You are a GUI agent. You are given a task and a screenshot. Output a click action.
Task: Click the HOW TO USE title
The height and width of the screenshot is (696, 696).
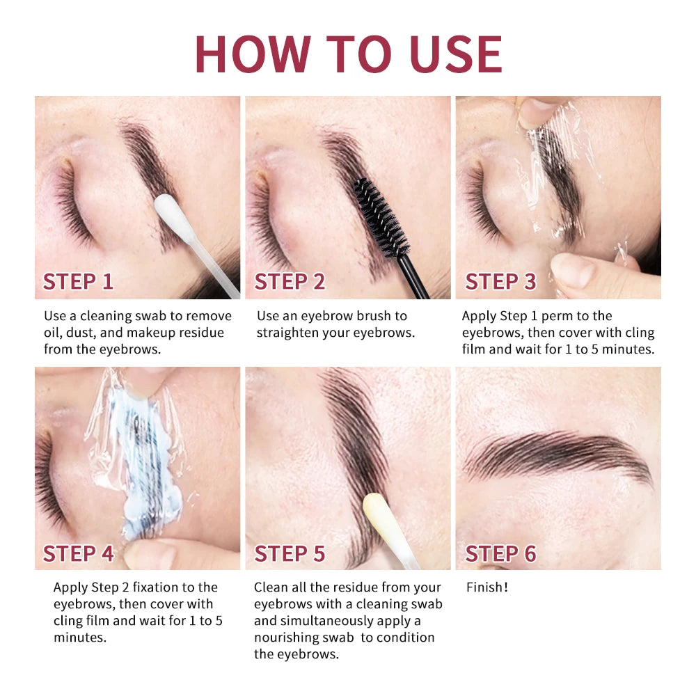coord(348,53)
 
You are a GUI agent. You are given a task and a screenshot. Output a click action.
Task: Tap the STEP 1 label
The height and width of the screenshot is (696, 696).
coord(78,282)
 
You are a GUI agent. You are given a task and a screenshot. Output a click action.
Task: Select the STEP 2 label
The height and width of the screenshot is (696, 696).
coord(290,282)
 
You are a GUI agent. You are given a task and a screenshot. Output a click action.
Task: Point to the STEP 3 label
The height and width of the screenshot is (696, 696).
coord(500,282)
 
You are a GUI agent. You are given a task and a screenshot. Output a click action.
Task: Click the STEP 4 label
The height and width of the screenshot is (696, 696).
coord(78,553)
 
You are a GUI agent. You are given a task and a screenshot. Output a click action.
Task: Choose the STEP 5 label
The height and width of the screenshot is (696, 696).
coord(290,553)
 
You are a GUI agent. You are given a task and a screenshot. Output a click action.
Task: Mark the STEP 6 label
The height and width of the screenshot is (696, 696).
coord(500,553)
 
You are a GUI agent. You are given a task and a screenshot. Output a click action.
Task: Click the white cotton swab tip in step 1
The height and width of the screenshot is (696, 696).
coord(167,209)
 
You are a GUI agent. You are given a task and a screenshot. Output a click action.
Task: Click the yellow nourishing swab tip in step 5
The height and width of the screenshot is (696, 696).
coord(377,509)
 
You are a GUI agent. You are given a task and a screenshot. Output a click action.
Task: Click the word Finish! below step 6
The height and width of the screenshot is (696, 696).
coord(487,587)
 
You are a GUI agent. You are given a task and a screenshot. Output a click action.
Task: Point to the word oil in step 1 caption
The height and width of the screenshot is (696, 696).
coord(53,333)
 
